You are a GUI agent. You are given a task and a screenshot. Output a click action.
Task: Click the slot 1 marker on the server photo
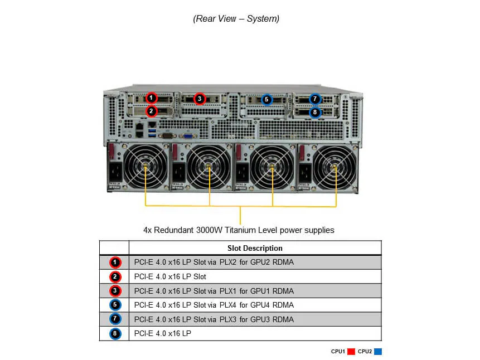click(x=151, y=98)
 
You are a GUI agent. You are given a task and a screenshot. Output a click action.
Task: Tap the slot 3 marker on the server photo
click(x=199, y=99)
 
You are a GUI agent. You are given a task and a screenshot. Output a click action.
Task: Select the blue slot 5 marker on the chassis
click(x=266, y=100)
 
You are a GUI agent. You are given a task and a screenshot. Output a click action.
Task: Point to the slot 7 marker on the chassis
click(x=315, y=99)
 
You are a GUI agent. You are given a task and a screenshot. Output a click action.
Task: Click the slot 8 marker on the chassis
click(x=315, y=112)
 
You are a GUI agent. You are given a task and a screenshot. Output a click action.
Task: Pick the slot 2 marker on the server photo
click(x=151, y=111)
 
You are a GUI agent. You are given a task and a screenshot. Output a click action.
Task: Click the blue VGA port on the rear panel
click(x=188, y=134)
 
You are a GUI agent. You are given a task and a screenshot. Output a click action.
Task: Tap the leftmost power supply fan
click(x=146, y=167)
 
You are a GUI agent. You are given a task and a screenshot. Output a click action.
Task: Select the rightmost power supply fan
click(x=334, y=167)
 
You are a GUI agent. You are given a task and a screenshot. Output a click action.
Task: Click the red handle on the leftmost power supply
click(x=111, y=150)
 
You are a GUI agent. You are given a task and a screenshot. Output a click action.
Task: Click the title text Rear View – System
click(x=236, y=19)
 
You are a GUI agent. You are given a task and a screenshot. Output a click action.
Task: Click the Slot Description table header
click(x=255, y=248)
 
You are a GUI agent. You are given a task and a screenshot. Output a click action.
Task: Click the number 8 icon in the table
click(x=115, y=334)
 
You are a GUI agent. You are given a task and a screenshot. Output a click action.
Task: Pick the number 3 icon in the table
click(x=115, y=291)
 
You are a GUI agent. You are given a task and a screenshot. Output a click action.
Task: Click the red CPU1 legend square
click(x=351, y=352)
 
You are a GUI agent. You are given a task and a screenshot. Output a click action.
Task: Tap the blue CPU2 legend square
click(x=378, y=352)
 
